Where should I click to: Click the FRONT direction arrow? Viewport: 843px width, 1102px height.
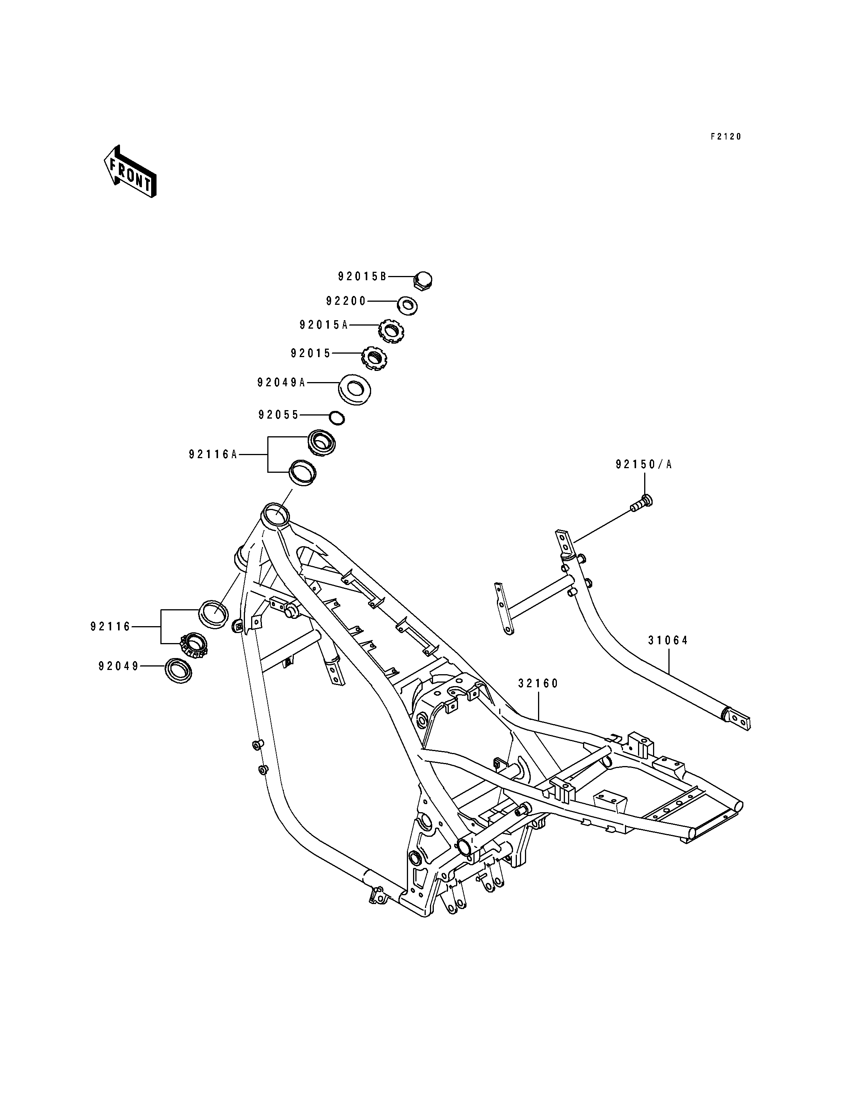click(x=130, y=171)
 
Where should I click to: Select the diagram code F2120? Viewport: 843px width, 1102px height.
click(x=726, y=136)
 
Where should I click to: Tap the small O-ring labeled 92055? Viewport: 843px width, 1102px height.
click(x=337, y=417)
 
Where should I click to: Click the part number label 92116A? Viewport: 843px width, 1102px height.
click(x=213, y=454)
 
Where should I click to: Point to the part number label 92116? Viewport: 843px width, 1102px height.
click(x=110, y=627)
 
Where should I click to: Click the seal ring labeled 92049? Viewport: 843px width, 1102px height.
click(x=178, y=671)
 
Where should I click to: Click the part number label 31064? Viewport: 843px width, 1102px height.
click(x=668, y=640)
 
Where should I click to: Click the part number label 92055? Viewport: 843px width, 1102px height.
click(x=278, y=415)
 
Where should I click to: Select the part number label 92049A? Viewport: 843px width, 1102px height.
click(x=282, y=383)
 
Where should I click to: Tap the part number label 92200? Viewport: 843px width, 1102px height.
click(x=346, y=301)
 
